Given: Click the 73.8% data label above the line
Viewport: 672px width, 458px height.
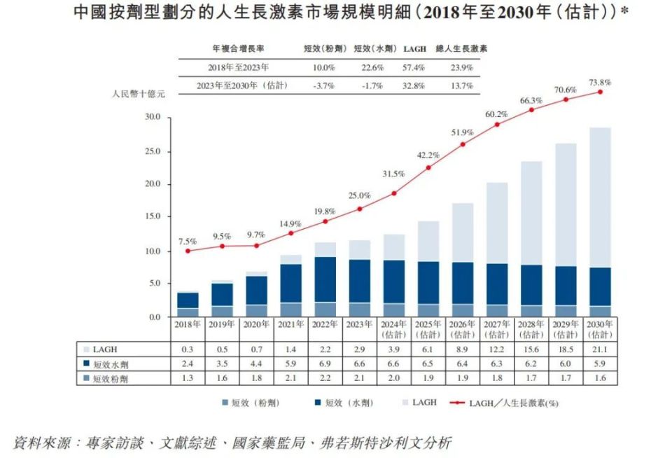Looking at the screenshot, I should pos(600,83).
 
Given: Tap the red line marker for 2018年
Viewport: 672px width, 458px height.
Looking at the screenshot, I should pos(188,251).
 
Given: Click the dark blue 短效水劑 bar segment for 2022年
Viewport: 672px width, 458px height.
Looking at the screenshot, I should pos(325,279).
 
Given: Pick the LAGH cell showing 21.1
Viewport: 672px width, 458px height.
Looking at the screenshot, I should pos(600,349).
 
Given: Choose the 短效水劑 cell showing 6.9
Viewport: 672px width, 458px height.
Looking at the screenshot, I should pos(325,364).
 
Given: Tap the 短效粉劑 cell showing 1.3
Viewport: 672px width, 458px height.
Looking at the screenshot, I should pos(188,379).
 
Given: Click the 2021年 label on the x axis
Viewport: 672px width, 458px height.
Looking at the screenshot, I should pos(290,325).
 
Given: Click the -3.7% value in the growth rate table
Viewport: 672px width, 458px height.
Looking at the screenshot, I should pos(323,86).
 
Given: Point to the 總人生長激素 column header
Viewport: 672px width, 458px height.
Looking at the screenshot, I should pos(462,49).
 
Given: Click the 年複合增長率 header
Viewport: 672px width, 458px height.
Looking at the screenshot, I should pos(238,49).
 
